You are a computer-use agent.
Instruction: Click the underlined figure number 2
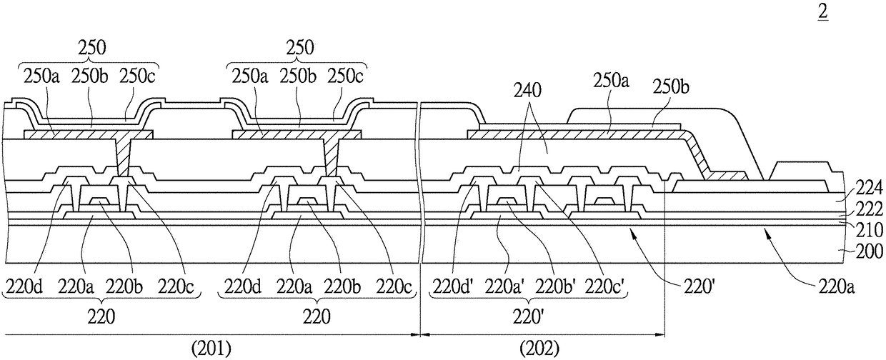click(x=823, y=12)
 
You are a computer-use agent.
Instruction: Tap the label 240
click(x=527, y=91)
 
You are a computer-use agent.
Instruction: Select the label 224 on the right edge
click(x=870, y=188)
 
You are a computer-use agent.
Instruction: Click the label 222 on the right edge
click(x=870, y=209)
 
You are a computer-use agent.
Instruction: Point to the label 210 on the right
click(x=870, y=230)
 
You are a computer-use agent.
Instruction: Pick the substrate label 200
click(x=870, y=251)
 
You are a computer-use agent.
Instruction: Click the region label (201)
click(x=211, y=348)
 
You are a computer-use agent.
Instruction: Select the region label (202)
click(x=539, y=348)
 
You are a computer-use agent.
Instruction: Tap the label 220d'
click(x=453, y=286)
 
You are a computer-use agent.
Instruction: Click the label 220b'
click(x=555, y=286)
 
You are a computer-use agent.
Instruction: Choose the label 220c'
click(x=605, y=286)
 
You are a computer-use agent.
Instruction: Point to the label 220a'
click(x=504, y=286)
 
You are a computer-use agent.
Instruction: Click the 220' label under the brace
click(x=528, y=317)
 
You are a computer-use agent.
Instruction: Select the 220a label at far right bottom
click(x=837, y=286)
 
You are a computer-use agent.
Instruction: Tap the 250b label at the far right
click(x=671, y=87)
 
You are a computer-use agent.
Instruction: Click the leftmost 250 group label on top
click(x=92, y=48)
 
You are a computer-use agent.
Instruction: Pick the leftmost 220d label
click(x=24, y=286)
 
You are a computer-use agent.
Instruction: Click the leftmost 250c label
click(x=137, y=76)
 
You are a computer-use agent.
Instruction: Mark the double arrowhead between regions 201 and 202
click(x=420, y=335)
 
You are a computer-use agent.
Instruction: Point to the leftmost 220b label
click(x=125, y=286)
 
